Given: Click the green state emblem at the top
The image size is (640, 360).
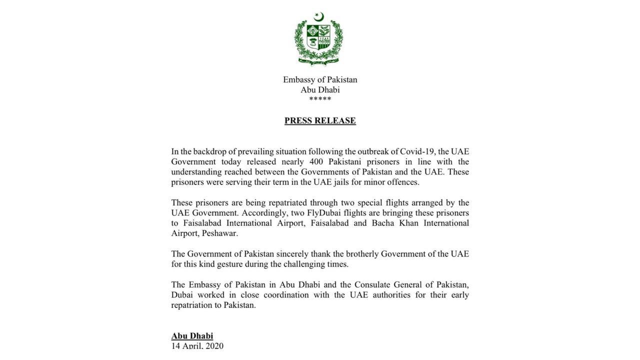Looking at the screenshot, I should tap(318, 41).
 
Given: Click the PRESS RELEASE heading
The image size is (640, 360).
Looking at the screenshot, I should tap(320, 120).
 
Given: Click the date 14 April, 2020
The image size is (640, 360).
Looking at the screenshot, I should tap(197, 346).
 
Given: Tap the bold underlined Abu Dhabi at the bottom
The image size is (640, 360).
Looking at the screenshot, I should tap(192, 336).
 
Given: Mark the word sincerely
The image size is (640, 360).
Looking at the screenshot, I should tap(296, 254).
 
